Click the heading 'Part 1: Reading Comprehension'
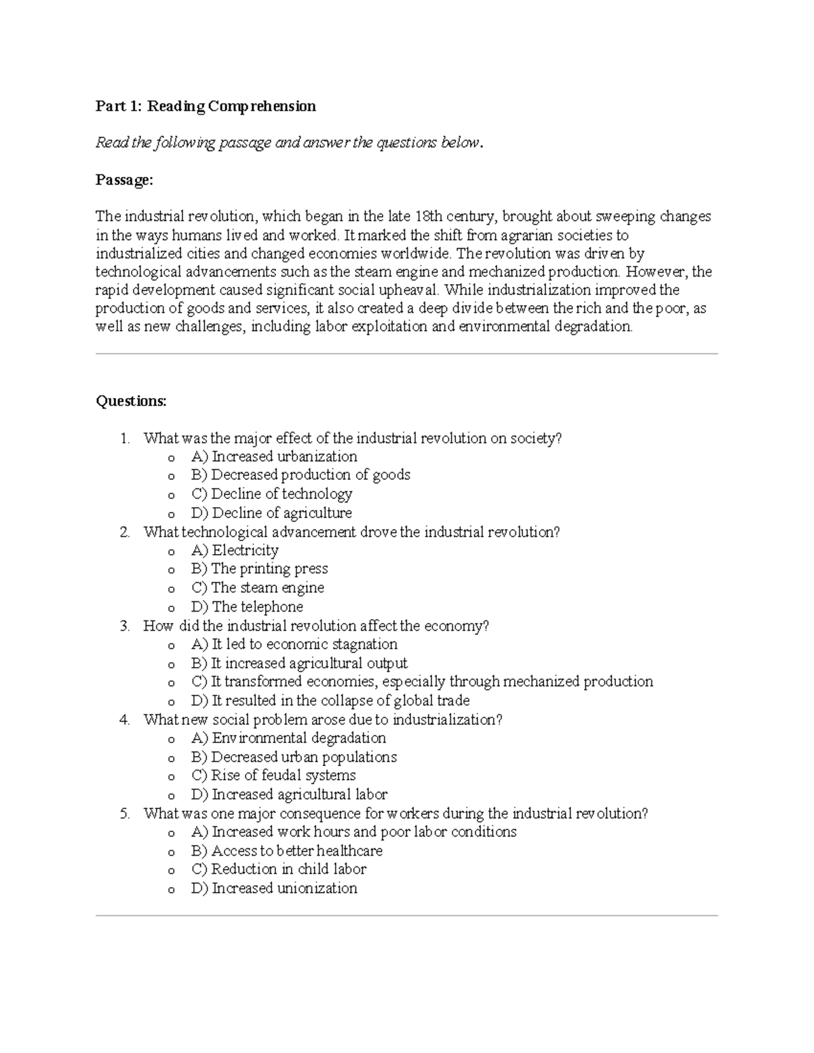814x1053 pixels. point(206,106)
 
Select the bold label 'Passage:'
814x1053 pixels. point(124,180)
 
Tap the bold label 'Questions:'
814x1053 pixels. point(131,401)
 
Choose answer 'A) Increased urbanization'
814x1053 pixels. point(274,457)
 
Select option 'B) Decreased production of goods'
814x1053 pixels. point(301,475)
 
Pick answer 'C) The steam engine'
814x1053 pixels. point(258,588)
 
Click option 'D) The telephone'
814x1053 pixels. point(247,607)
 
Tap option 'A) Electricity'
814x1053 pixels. point(235,551)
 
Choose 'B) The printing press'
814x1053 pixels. point(259,569)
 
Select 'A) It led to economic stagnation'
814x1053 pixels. point(294,644)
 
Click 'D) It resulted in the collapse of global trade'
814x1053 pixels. point(330,700)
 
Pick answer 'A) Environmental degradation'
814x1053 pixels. point(288,738)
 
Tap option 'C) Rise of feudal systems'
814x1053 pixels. point(273,776)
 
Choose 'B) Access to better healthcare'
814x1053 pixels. point(287,851)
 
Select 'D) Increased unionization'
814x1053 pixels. point(274,888)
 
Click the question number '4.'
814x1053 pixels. point(124,720)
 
